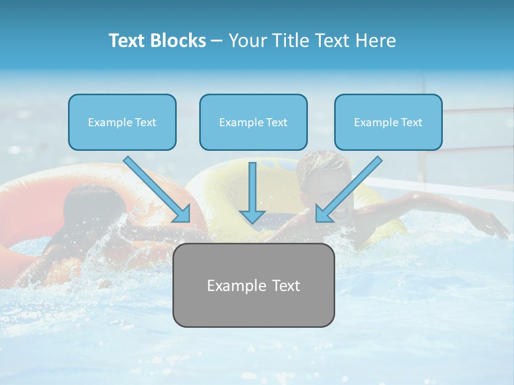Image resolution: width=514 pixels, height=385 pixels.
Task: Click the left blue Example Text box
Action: [122, 122]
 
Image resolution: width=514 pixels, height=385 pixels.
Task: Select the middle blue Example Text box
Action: [253, 122]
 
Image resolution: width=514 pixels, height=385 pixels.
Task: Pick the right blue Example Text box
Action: [388, 122]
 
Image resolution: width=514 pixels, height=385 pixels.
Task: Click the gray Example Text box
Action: [253, 285]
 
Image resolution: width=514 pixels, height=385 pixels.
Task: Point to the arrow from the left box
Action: [156, 189]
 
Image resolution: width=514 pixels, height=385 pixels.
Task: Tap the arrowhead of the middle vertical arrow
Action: [252, 215]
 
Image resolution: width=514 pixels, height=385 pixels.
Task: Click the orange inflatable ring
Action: [32, 203]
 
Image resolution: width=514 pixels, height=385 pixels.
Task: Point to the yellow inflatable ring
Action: [241, 182]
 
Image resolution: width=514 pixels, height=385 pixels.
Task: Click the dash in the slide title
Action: [217, 41]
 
